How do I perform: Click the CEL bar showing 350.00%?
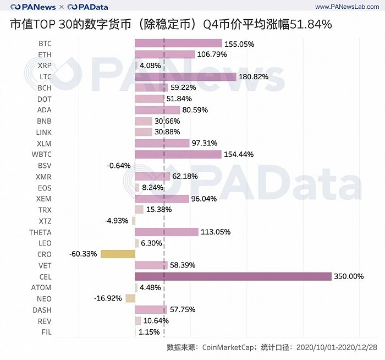[233, 276]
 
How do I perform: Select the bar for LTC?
[185, 77]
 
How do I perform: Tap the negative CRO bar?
[118, 254]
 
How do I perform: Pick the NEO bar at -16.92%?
[130, 298]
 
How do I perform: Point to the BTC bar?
[178, 43]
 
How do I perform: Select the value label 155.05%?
[239, 43]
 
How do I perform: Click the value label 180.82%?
[254, 77]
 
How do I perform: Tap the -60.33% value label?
[84, 254]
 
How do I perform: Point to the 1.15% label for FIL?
[148, 332]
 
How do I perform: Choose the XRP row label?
[45, 66]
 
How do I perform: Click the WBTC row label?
[43, 154]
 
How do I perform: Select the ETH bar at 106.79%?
[164, 54]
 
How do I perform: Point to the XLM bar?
[162, 143]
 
